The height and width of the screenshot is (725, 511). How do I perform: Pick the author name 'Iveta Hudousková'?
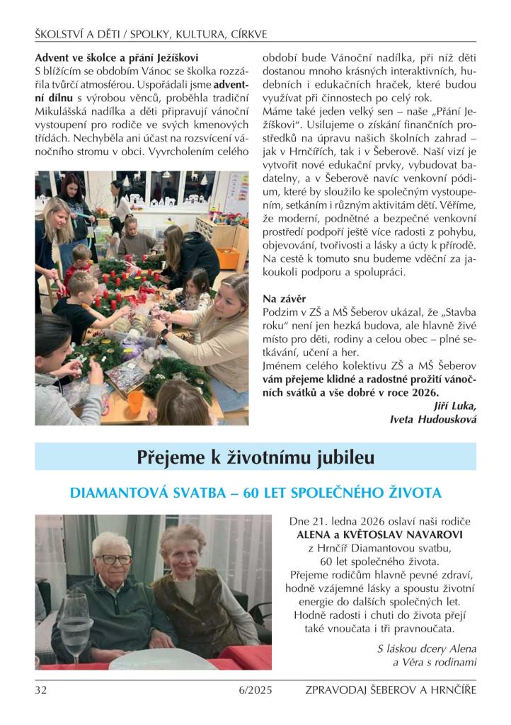point(433,419)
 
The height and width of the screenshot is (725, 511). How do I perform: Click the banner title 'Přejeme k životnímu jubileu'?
point(255,457)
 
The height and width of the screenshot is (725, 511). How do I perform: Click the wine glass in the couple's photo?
point(76,623)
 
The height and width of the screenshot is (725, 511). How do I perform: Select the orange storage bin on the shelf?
point(227,257)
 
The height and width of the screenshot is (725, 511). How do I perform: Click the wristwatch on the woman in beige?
point(164,333)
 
